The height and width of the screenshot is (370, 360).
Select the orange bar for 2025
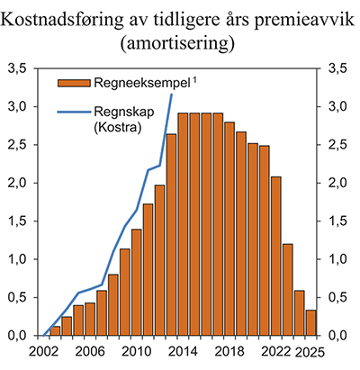(x=310, y=322)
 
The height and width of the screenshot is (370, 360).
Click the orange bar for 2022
(x=275, y=257)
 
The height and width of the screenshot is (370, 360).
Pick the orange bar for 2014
(x=183, y=224)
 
